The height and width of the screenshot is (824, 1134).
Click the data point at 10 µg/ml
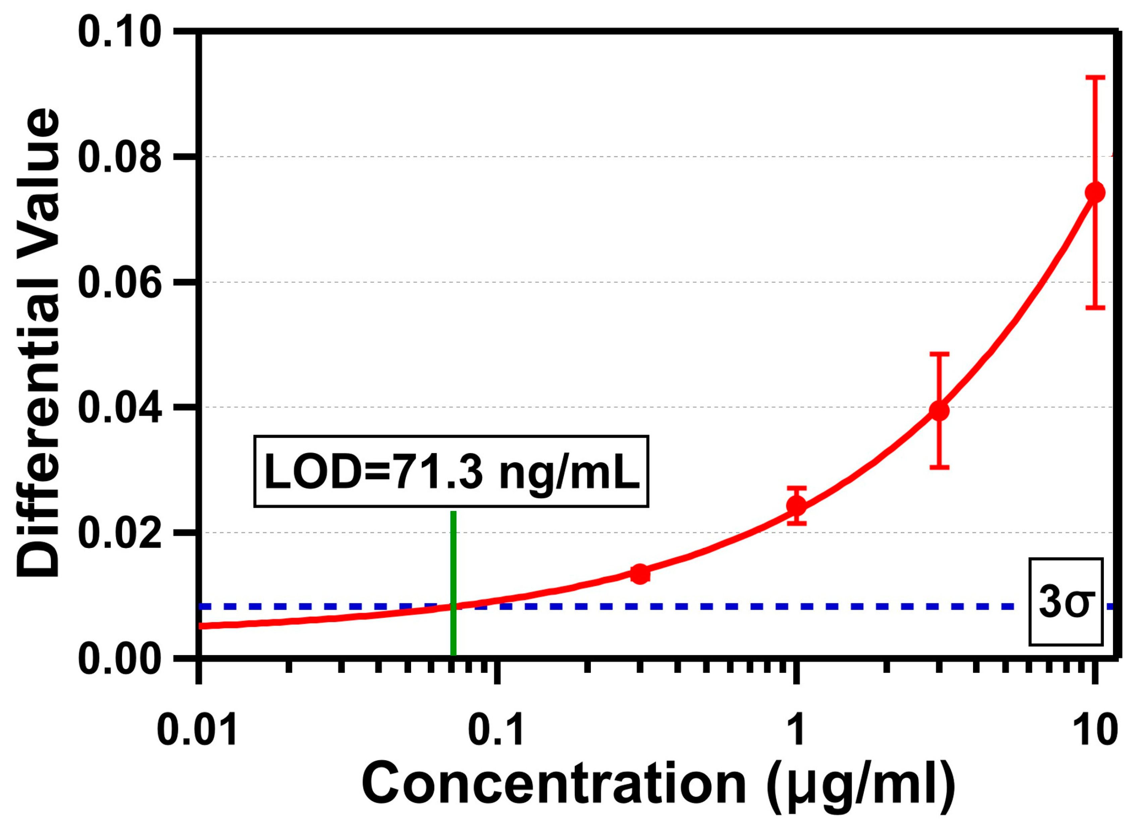[1094, 193]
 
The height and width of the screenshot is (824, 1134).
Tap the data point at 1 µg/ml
[796, 505]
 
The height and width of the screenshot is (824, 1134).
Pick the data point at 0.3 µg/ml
[640, 574]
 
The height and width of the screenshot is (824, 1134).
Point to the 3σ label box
[1066, 602]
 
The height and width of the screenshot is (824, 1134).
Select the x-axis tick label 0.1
[496, 731]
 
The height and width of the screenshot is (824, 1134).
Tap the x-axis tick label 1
[795, 731]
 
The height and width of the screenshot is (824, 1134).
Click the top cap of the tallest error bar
[1094, 77]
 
